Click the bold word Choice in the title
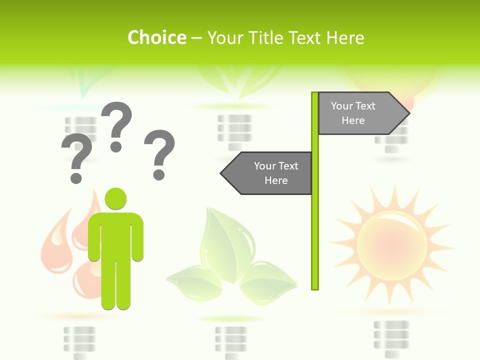coord(156,37)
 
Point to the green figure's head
coord(115,198)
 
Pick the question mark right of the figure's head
coord(159,154)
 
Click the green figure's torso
coord(115,235)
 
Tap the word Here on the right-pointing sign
coord(353,120)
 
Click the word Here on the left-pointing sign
coord(276,180)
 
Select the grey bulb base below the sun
coord(391,337)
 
